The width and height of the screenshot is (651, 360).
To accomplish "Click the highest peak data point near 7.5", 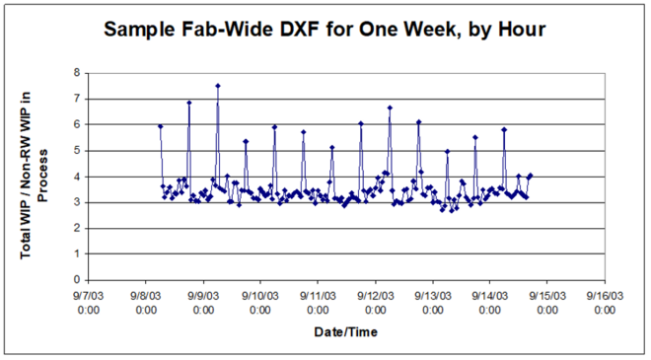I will click(217, 86).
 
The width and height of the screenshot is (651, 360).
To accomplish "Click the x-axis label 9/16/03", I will click(603, 301).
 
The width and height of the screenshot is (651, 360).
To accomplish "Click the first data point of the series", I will click(160, 126).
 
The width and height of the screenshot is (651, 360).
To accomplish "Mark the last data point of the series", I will click(531, 176).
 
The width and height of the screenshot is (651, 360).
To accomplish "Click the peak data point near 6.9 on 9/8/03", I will click(188, 103).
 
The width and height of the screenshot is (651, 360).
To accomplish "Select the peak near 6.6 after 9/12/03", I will click(390, 108).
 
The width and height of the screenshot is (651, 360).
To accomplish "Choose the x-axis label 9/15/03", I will click(545, 301).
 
